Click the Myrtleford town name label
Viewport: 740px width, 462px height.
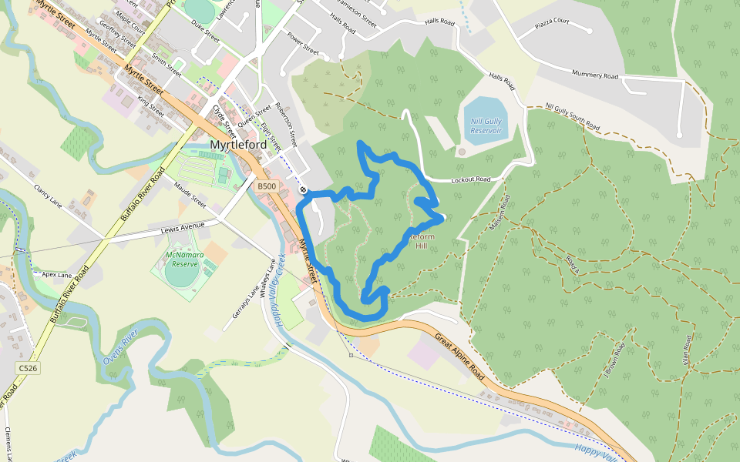tap(238, 145)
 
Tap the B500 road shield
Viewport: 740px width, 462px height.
tap(266, 186)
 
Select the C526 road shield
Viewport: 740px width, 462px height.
tap(28, 369)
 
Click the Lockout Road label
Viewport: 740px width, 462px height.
tap(470, 179)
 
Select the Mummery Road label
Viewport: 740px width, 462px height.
tap(595, 75)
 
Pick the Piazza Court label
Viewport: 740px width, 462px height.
tap(552, 22)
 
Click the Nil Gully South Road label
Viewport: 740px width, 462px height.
tap(572, 115)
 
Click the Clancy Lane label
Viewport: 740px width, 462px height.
tap(47, 199)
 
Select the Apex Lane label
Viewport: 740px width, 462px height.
tap(56, 274)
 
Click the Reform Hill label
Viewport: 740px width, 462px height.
tap(421, 242)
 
